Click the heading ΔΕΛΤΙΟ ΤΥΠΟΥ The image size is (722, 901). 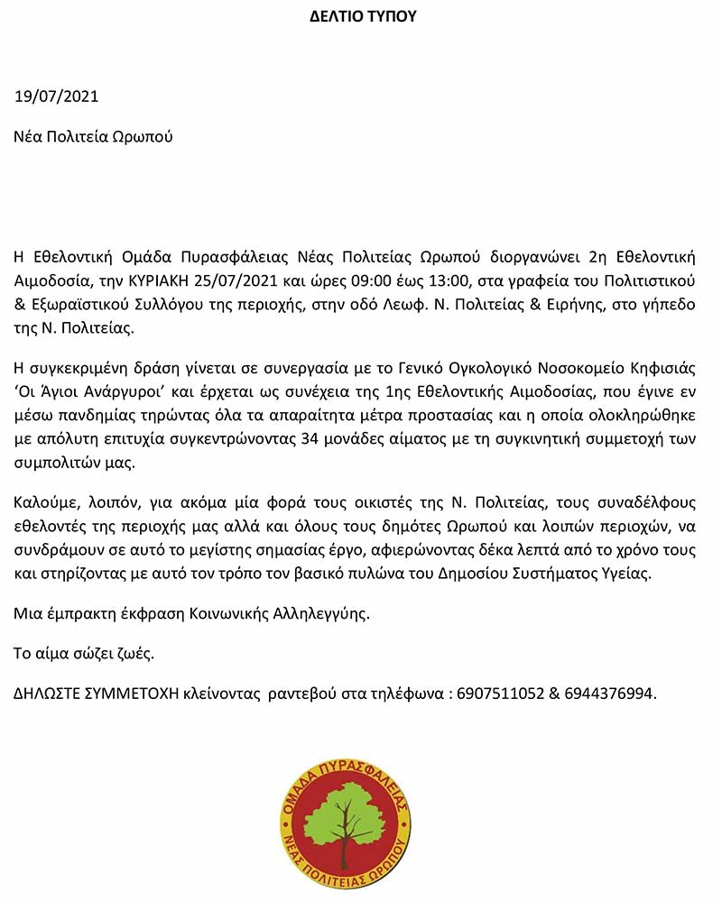(363, 16)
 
